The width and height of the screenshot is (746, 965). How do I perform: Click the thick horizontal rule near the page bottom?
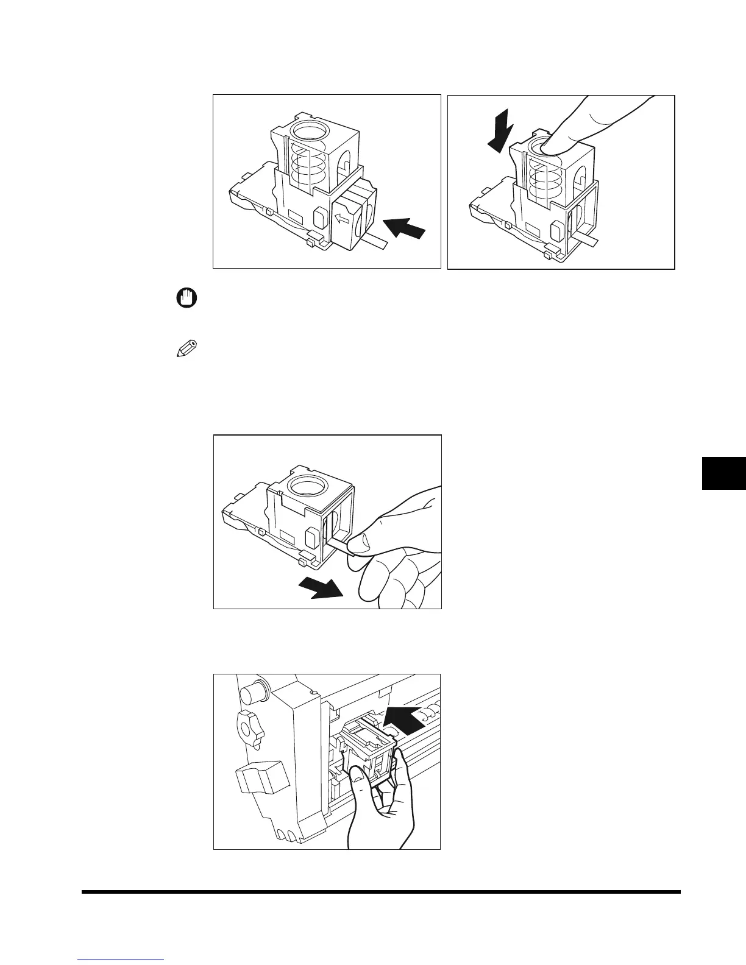pyautogui.click(x=381, y=892)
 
